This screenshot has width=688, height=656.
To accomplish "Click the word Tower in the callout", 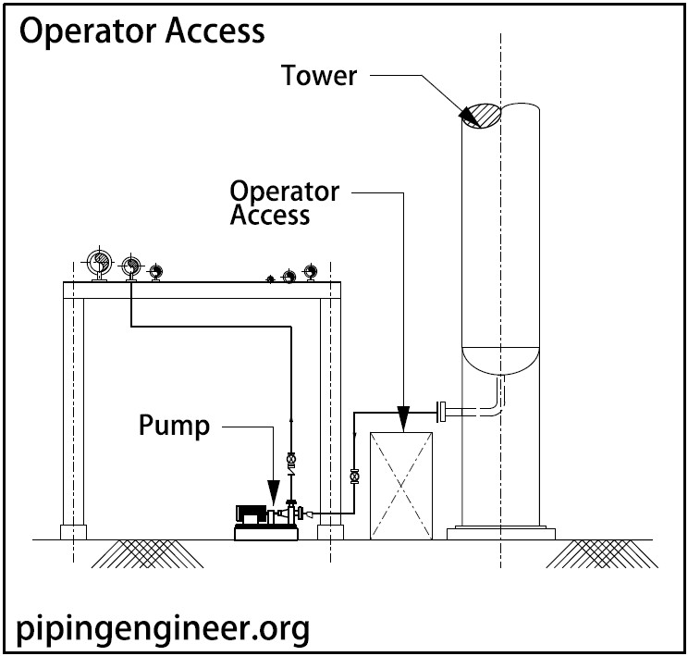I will [319, 75].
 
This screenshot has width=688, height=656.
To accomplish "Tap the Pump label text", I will [174, 426].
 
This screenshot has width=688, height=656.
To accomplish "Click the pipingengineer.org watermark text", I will [163, 630].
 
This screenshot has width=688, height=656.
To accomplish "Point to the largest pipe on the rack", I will [98, 263].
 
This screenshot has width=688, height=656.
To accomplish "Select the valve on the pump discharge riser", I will [292, 459].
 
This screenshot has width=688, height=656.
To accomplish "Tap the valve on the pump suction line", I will [354, 477].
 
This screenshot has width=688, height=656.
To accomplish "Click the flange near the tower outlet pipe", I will [443, 411].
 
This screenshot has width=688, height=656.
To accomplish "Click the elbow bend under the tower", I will [498, 405].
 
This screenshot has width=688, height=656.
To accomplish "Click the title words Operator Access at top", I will [141, 31].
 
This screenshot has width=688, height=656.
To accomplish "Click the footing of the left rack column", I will [73, 532].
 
